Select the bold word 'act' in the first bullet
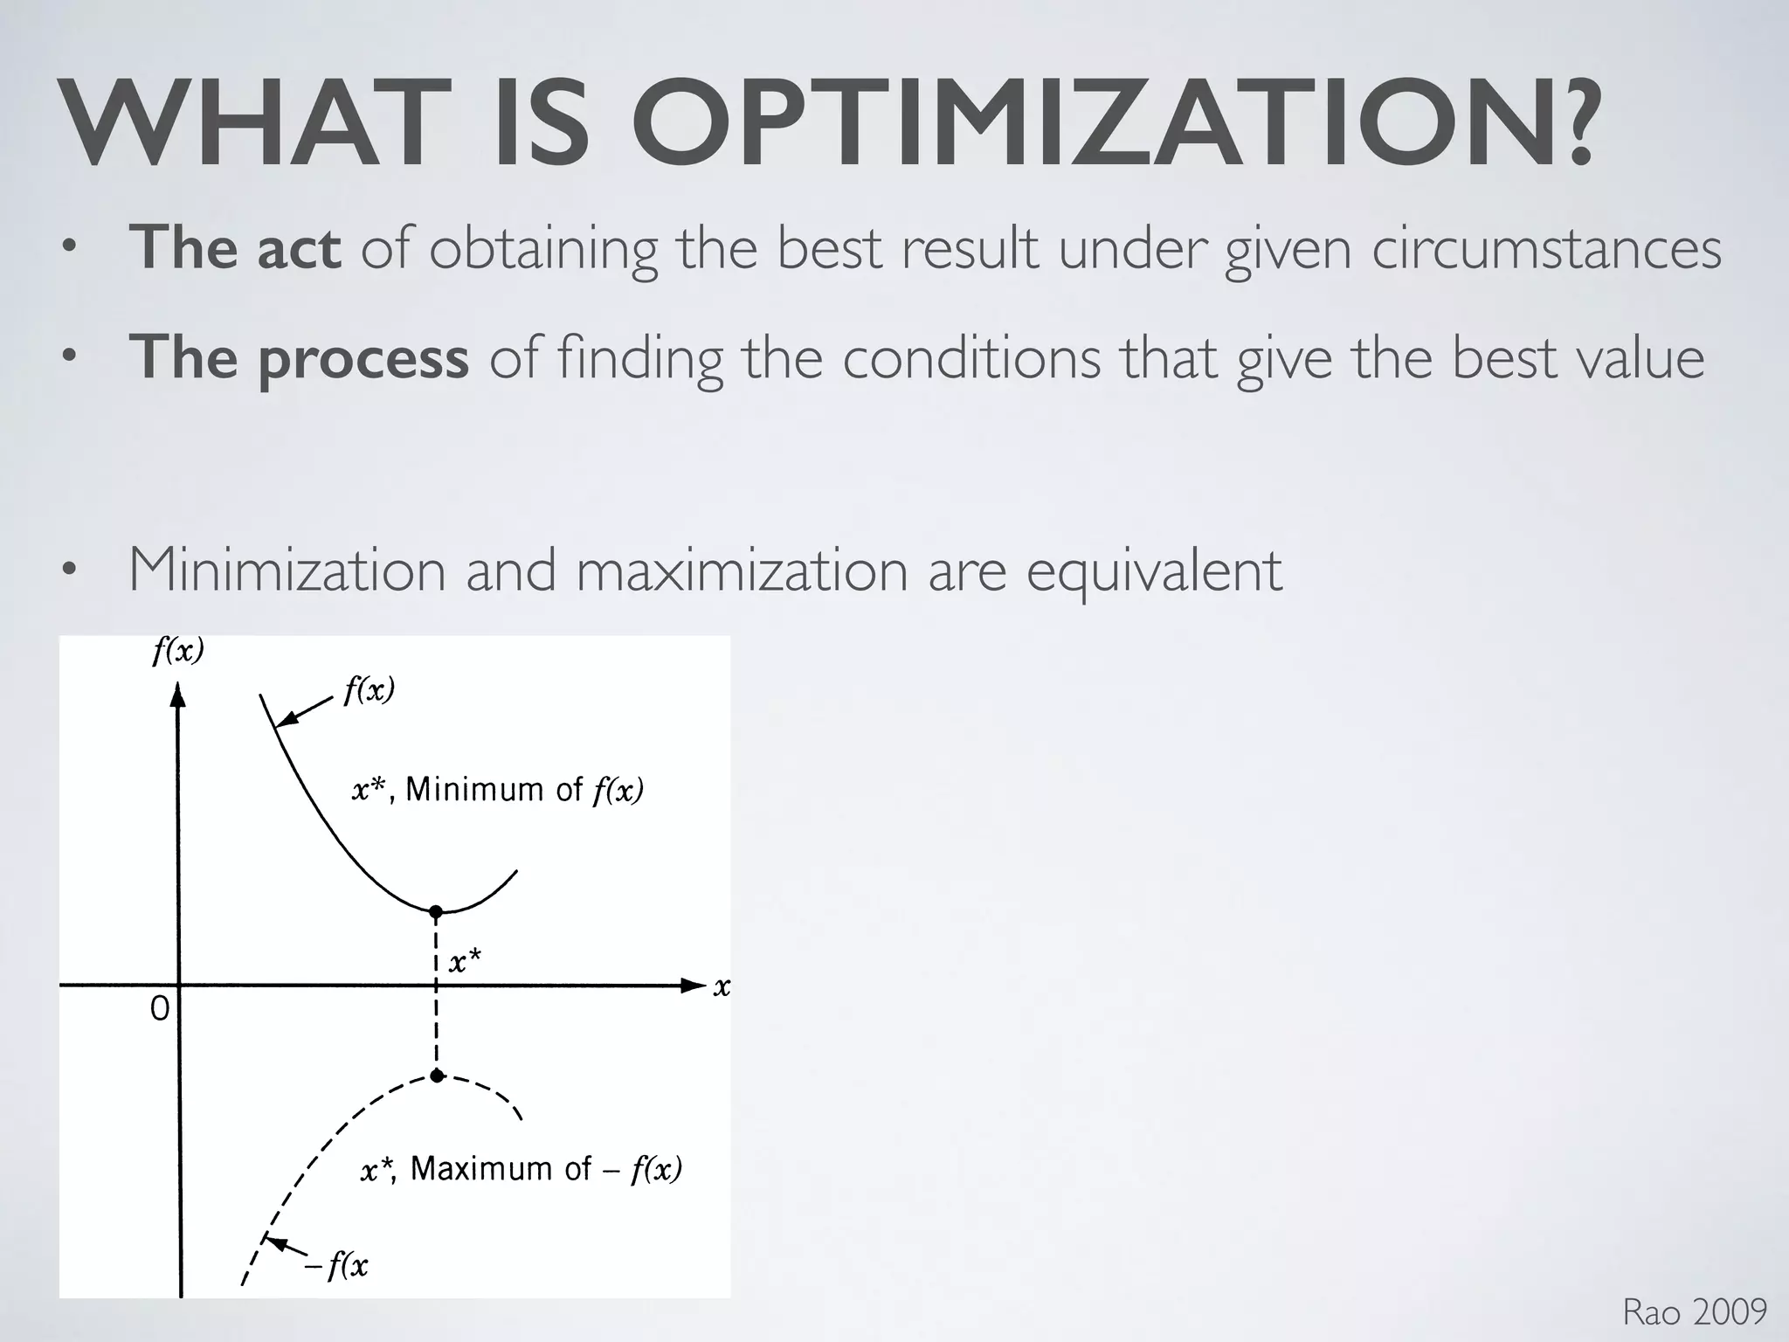coord(298,247)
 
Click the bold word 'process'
coord(363,358)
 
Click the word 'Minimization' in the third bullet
coord(287,570)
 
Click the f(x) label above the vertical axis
coord(178,651)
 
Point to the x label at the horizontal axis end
coord(722,987)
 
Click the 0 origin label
coord(160,1009)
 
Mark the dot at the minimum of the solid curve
coord(436,912)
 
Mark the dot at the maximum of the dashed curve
coord(437,1076)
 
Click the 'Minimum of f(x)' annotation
coord(498,790)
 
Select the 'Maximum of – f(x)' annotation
coord(522,1169)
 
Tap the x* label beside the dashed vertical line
coord(465,963)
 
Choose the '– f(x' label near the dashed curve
coord(336,1265)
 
